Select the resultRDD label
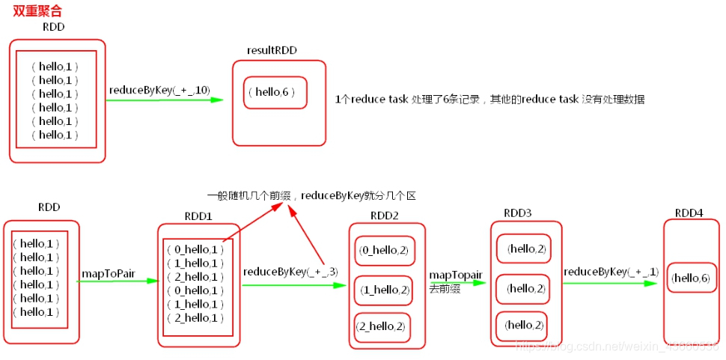(272, 50)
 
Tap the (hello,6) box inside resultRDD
(275, 92)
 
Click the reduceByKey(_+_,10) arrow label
(159, 90)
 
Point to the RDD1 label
(198, 216)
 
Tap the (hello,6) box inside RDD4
(690, 278)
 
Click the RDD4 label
(689, 213)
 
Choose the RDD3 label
(518, 213)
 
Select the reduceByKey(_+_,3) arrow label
(289, 272)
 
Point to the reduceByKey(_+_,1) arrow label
(611, 272)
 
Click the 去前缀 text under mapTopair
(445, 288)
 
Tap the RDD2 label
(385, 216)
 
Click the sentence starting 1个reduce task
(489, 99)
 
